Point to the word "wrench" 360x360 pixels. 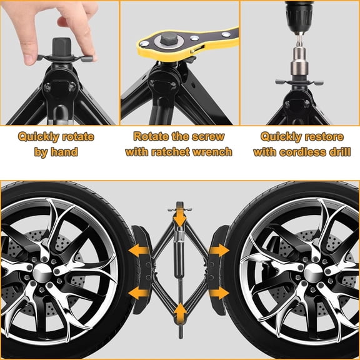click(x=211, y=152)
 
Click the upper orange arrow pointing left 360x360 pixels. click(x=139, y=251)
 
